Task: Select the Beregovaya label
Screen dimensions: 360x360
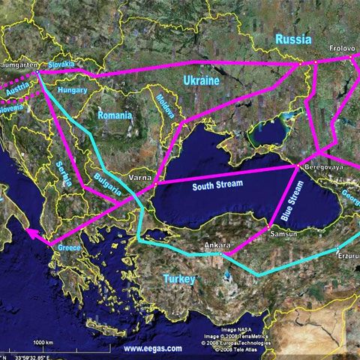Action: (323, 167)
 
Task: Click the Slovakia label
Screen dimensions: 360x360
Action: (61, 65)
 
